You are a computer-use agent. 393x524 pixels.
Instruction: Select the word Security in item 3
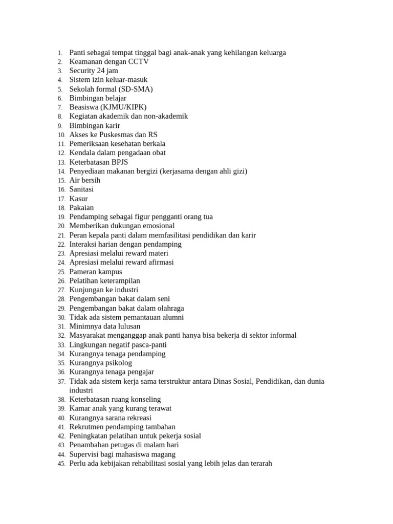coord(82,71)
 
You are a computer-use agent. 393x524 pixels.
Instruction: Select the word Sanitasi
coord(82,189)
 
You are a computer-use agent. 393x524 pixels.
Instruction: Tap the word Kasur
coord(79,199)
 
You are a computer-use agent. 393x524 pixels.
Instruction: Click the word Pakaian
coord(82,208)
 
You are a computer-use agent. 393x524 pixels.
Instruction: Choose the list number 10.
coord(61,135)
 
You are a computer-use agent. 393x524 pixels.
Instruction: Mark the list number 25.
coord(61,272)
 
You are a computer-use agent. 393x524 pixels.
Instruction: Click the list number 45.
coord(61,464)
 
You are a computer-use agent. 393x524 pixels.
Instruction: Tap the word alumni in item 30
coord(173,317)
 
